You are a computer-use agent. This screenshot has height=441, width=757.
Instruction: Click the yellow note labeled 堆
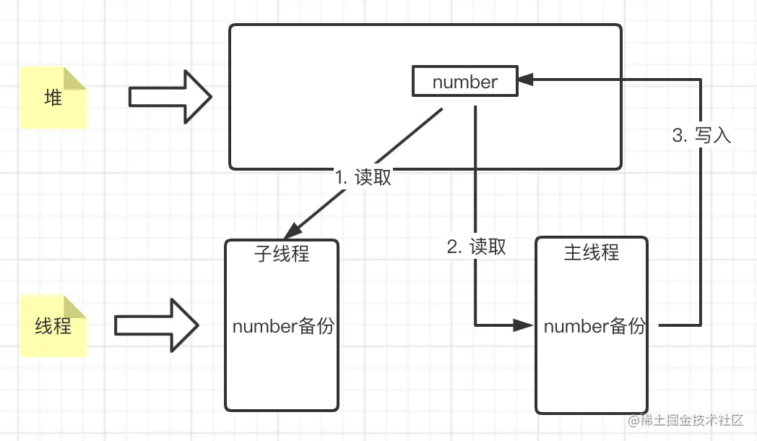point(53,98)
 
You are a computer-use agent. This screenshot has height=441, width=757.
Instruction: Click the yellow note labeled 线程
point(53,325)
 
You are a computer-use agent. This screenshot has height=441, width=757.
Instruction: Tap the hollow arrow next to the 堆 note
point(170,97)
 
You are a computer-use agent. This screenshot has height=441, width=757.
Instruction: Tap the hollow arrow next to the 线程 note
point(157,325)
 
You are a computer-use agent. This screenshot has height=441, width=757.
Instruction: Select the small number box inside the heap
point(465,82)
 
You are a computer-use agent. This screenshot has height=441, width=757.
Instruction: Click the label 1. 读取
point(363,177)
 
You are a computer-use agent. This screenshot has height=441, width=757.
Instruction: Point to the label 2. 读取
point(477,247)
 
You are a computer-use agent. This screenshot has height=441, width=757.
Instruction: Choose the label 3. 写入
point(701,135)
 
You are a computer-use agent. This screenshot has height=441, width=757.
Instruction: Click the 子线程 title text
point(282,253)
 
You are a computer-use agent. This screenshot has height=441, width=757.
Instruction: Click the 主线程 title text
point(591,252)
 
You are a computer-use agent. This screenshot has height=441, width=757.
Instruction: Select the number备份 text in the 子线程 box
point(283,326)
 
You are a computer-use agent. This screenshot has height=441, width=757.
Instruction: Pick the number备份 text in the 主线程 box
point(594,326)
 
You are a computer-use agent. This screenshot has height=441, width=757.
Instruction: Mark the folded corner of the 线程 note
point(76,306)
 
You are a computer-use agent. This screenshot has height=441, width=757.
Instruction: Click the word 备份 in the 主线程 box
point(626,326)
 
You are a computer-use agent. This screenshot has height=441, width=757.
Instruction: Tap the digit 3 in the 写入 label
point(678,135)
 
